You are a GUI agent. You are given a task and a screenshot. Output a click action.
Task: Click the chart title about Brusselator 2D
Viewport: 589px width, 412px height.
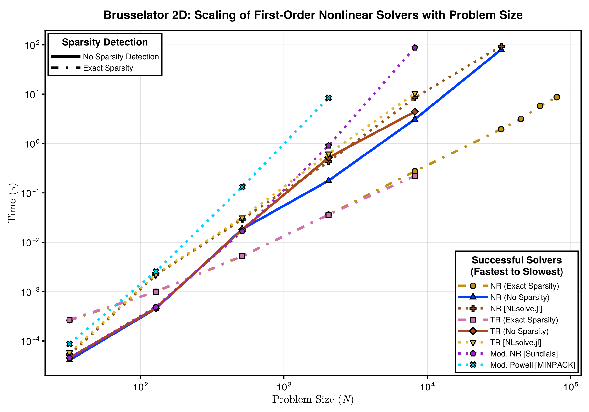click(x=313, y=15)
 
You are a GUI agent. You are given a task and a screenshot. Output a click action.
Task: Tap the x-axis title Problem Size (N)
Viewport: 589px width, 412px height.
click(x=313, y=399)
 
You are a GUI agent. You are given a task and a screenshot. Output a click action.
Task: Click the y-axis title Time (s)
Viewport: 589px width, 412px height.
click(x=12, y=203)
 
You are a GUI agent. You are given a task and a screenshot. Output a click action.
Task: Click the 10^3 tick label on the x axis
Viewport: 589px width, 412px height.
click(x=283, y=387)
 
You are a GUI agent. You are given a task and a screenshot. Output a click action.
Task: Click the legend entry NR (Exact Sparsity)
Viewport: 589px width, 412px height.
click(x=524, y=286)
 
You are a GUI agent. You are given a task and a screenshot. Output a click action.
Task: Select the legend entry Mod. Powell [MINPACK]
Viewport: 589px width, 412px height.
click(x=533, y=365)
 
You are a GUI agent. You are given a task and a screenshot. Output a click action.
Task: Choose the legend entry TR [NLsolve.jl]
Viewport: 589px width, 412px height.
click(x=516, y=343)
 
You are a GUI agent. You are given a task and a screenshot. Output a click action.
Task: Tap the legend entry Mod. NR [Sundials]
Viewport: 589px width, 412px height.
click(x=524, y=354)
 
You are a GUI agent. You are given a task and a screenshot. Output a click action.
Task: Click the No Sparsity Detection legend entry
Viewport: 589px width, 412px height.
click(x=120, y=57)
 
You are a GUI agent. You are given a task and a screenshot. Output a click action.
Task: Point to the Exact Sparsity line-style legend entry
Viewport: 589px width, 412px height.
click(x=108, y=68)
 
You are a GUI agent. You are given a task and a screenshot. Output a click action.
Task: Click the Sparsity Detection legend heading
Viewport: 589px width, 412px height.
click(x=105, y=42)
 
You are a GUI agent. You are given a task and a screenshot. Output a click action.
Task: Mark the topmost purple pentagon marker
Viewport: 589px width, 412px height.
click(x=415, y=48)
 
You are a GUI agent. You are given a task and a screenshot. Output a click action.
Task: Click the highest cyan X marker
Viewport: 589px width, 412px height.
click(x=328, y=98)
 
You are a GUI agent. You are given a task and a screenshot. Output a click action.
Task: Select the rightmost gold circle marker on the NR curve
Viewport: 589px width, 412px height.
click(x=557, y=97)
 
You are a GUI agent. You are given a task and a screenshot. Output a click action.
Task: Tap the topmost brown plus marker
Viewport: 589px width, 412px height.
click(x=501, y=46)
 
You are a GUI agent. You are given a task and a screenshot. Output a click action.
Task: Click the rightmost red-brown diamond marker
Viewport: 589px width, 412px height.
click(x=415, y=112)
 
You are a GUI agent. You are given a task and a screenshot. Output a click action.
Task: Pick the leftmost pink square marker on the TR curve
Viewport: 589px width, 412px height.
click(x=69, y=320)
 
